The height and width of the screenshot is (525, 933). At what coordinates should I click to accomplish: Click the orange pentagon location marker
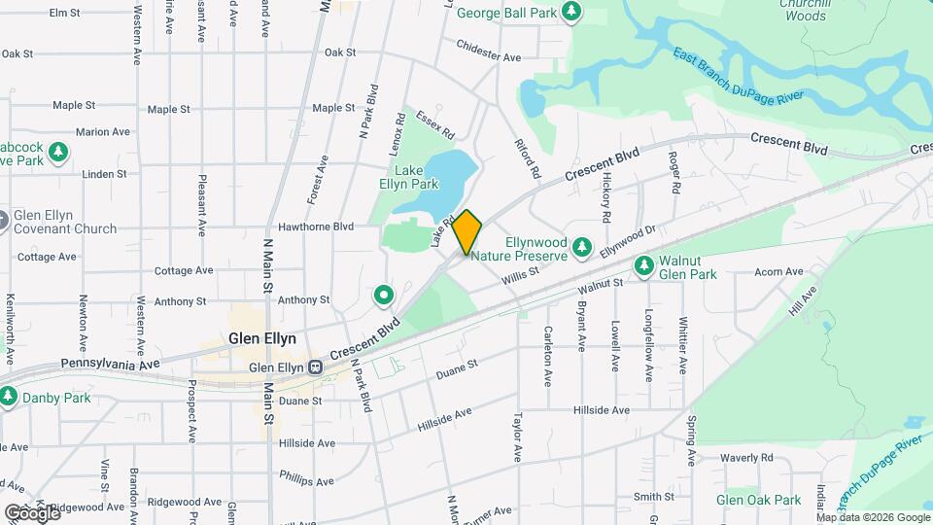[x=467, y=231]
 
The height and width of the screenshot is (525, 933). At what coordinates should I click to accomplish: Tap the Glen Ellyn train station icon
[x=315, y=367]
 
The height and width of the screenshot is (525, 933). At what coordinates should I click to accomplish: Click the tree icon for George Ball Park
[x=572, y=11]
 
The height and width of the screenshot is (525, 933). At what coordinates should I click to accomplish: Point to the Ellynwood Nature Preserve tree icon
[x=582, y=248]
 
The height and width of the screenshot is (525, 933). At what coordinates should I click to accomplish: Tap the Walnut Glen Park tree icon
[x=642, y=265]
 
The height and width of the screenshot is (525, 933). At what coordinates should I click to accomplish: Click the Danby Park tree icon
[x=9, y=397]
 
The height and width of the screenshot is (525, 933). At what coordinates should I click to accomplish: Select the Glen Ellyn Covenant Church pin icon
[x=4, y=221]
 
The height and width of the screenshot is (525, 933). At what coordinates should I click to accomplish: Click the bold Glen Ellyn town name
[x=261, y=339]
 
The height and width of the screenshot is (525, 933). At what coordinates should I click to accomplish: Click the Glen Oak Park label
[x=758, y=500]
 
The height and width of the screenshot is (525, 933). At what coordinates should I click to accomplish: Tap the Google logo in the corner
[x=31, y=512]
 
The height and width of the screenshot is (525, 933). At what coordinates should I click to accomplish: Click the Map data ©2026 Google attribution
[x=871, y=517]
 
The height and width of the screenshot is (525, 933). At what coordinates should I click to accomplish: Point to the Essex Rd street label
[x=430, y=123]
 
